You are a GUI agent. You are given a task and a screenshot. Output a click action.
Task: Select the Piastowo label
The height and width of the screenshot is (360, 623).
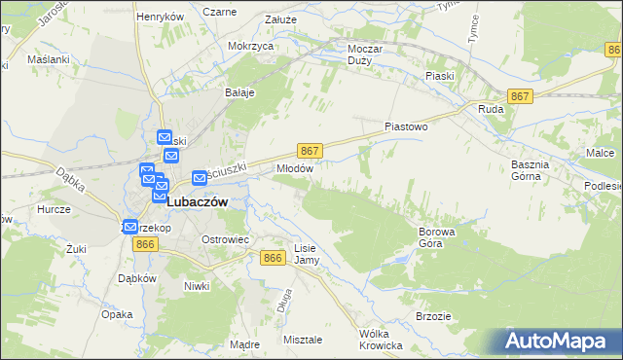coord(407,126)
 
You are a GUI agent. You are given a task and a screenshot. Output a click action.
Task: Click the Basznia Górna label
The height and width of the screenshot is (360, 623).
coord(531,170)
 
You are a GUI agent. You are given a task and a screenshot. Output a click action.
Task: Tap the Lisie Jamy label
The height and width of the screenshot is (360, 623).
coord(306,254)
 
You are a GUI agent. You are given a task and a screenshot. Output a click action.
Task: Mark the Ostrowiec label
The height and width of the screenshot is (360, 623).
coord(227,239)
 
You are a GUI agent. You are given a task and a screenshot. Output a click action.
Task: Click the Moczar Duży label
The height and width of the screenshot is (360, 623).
coord(368,54)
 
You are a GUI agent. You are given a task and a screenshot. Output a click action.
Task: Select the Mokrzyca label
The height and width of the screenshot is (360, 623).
coord(249,46)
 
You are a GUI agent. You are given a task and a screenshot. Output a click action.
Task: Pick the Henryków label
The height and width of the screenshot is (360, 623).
coord(161,18)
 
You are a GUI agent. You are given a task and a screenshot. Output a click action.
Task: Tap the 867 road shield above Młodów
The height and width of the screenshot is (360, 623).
coord(309,151)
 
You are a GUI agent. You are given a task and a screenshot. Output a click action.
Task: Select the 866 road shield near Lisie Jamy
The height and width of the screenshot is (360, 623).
coord(274,257)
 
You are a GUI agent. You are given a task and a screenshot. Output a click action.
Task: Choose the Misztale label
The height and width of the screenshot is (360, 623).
coord(303,340)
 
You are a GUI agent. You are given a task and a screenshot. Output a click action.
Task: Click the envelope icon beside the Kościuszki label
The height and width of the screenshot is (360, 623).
coord(200,178)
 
